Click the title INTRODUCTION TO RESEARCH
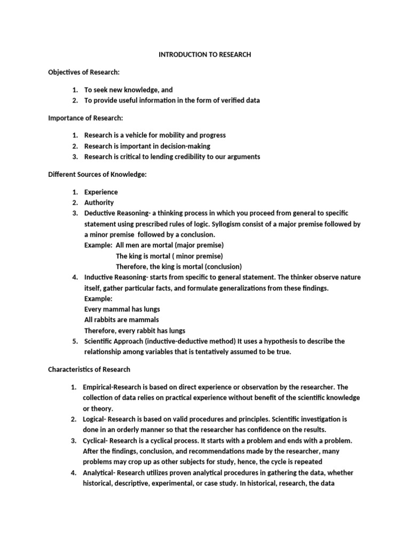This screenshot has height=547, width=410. (205, 54)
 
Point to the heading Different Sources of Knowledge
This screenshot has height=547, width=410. (97, 174)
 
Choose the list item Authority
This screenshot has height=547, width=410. (99, 202)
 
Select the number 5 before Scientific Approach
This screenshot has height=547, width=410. (75, 341)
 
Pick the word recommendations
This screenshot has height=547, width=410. (183, 451)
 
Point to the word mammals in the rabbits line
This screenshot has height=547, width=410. (143, 319)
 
